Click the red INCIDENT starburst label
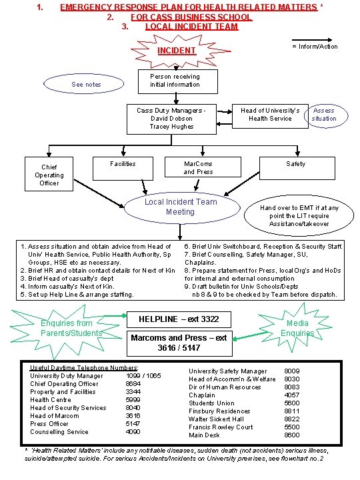click(176, 51)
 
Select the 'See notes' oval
click(86, 85)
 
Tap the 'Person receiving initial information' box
click(175, 81)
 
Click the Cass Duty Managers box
click(171, 119)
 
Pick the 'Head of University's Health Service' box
click(270, 115)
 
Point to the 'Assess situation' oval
click(324, 115)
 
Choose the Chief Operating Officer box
click(49, 175)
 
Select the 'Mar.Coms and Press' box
click(198, 167)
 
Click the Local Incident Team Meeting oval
click(180, 207)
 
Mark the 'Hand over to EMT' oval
click(299, 216)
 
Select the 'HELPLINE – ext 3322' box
click(178, 319)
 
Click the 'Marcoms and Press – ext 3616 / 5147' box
click(178, 343)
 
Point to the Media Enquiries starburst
click(297, 328)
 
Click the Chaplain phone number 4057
click(292, 395)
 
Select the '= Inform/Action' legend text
click(315, 46)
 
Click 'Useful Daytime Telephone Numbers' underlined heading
click(84, 368)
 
